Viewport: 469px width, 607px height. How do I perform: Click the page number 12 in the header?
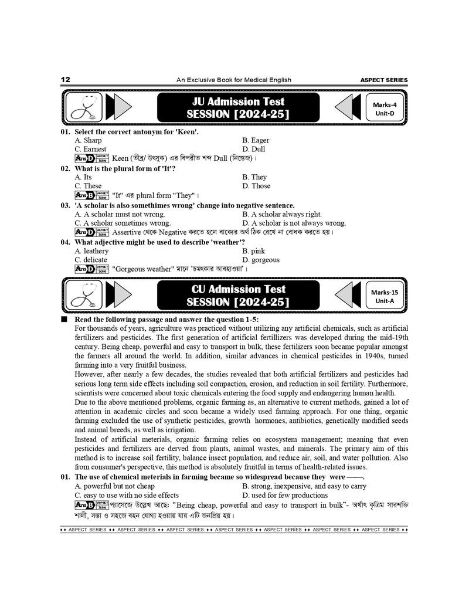pyautogui.click(x=66, y=80)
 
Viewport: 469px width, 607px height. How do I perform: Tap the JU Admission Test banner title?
pyautogui.click(x=238, y=108)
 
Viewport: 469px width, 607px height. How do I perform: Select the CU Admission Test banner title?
pyautogui.click(x=238, y=296)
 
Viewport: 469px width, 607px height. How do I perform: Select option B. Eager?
pyautogui.click(x=256, y=140)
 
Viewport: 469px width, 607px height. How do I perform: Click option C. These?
pyautogui.click(x=88, y=186)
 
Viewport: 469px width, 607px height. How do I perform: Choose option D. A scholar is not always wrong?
pyautogui.click(x=294, y=223)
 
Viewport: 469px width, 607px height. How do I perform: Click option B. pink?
pyautogui.click(x=254, y=251)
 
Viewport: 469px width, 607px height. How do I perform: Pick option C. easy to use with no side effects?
pyautogui.click(x=127, y=495)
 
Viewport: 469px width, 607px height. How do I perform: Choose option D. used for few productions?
pyautogui.click(x=285, y=495)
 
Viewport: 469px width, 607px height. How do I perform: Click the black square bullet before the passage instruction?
pyautogui.click(x=64, y=320)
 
